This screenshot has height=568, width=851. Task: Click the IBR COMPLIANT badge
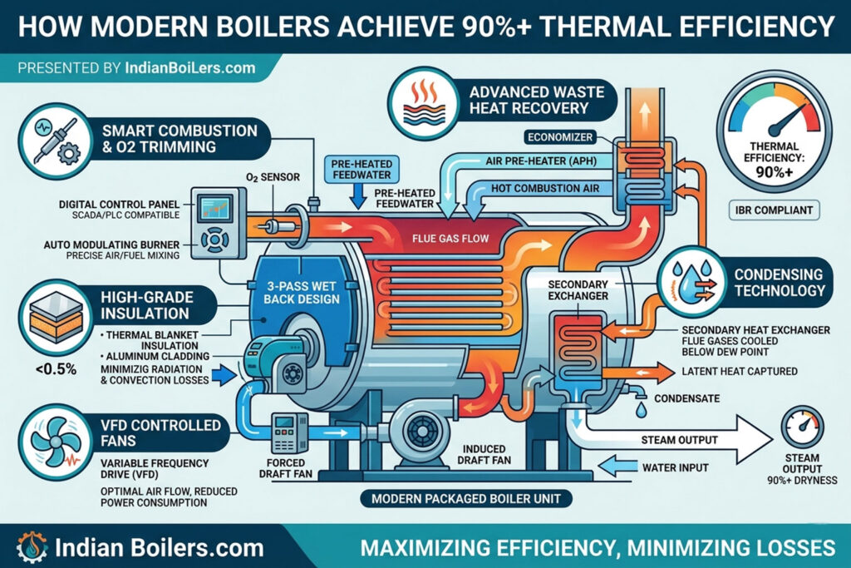coord(774,210)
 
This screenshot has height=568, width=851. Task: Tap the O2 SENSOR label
coord(273,177)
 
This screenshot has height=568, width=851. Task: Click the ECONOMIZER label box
coord(560,137)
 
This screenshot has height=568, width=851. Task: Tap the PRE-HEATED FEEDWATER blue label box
coord(362,170)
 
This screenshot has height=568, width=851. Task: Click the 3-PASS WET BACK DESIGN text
coord(301,293)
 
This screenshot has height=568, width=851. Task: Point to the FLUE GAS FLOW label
coord(450,238)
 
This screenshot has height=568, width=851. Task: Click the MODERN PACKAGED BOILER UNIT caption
coord(465,498)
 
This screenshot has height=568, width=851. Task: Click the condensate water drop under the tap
coord(641,409)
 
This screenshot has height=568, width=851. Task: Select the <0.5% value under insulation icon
coord(57,369)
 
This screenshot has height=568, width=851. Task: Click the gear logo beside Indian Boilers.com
coord(32,547)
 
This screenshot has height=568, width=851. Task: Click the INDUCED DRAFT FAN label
coord(484,455)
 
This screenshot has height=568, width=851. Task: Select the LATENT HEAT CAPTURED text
coord(739,372)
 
